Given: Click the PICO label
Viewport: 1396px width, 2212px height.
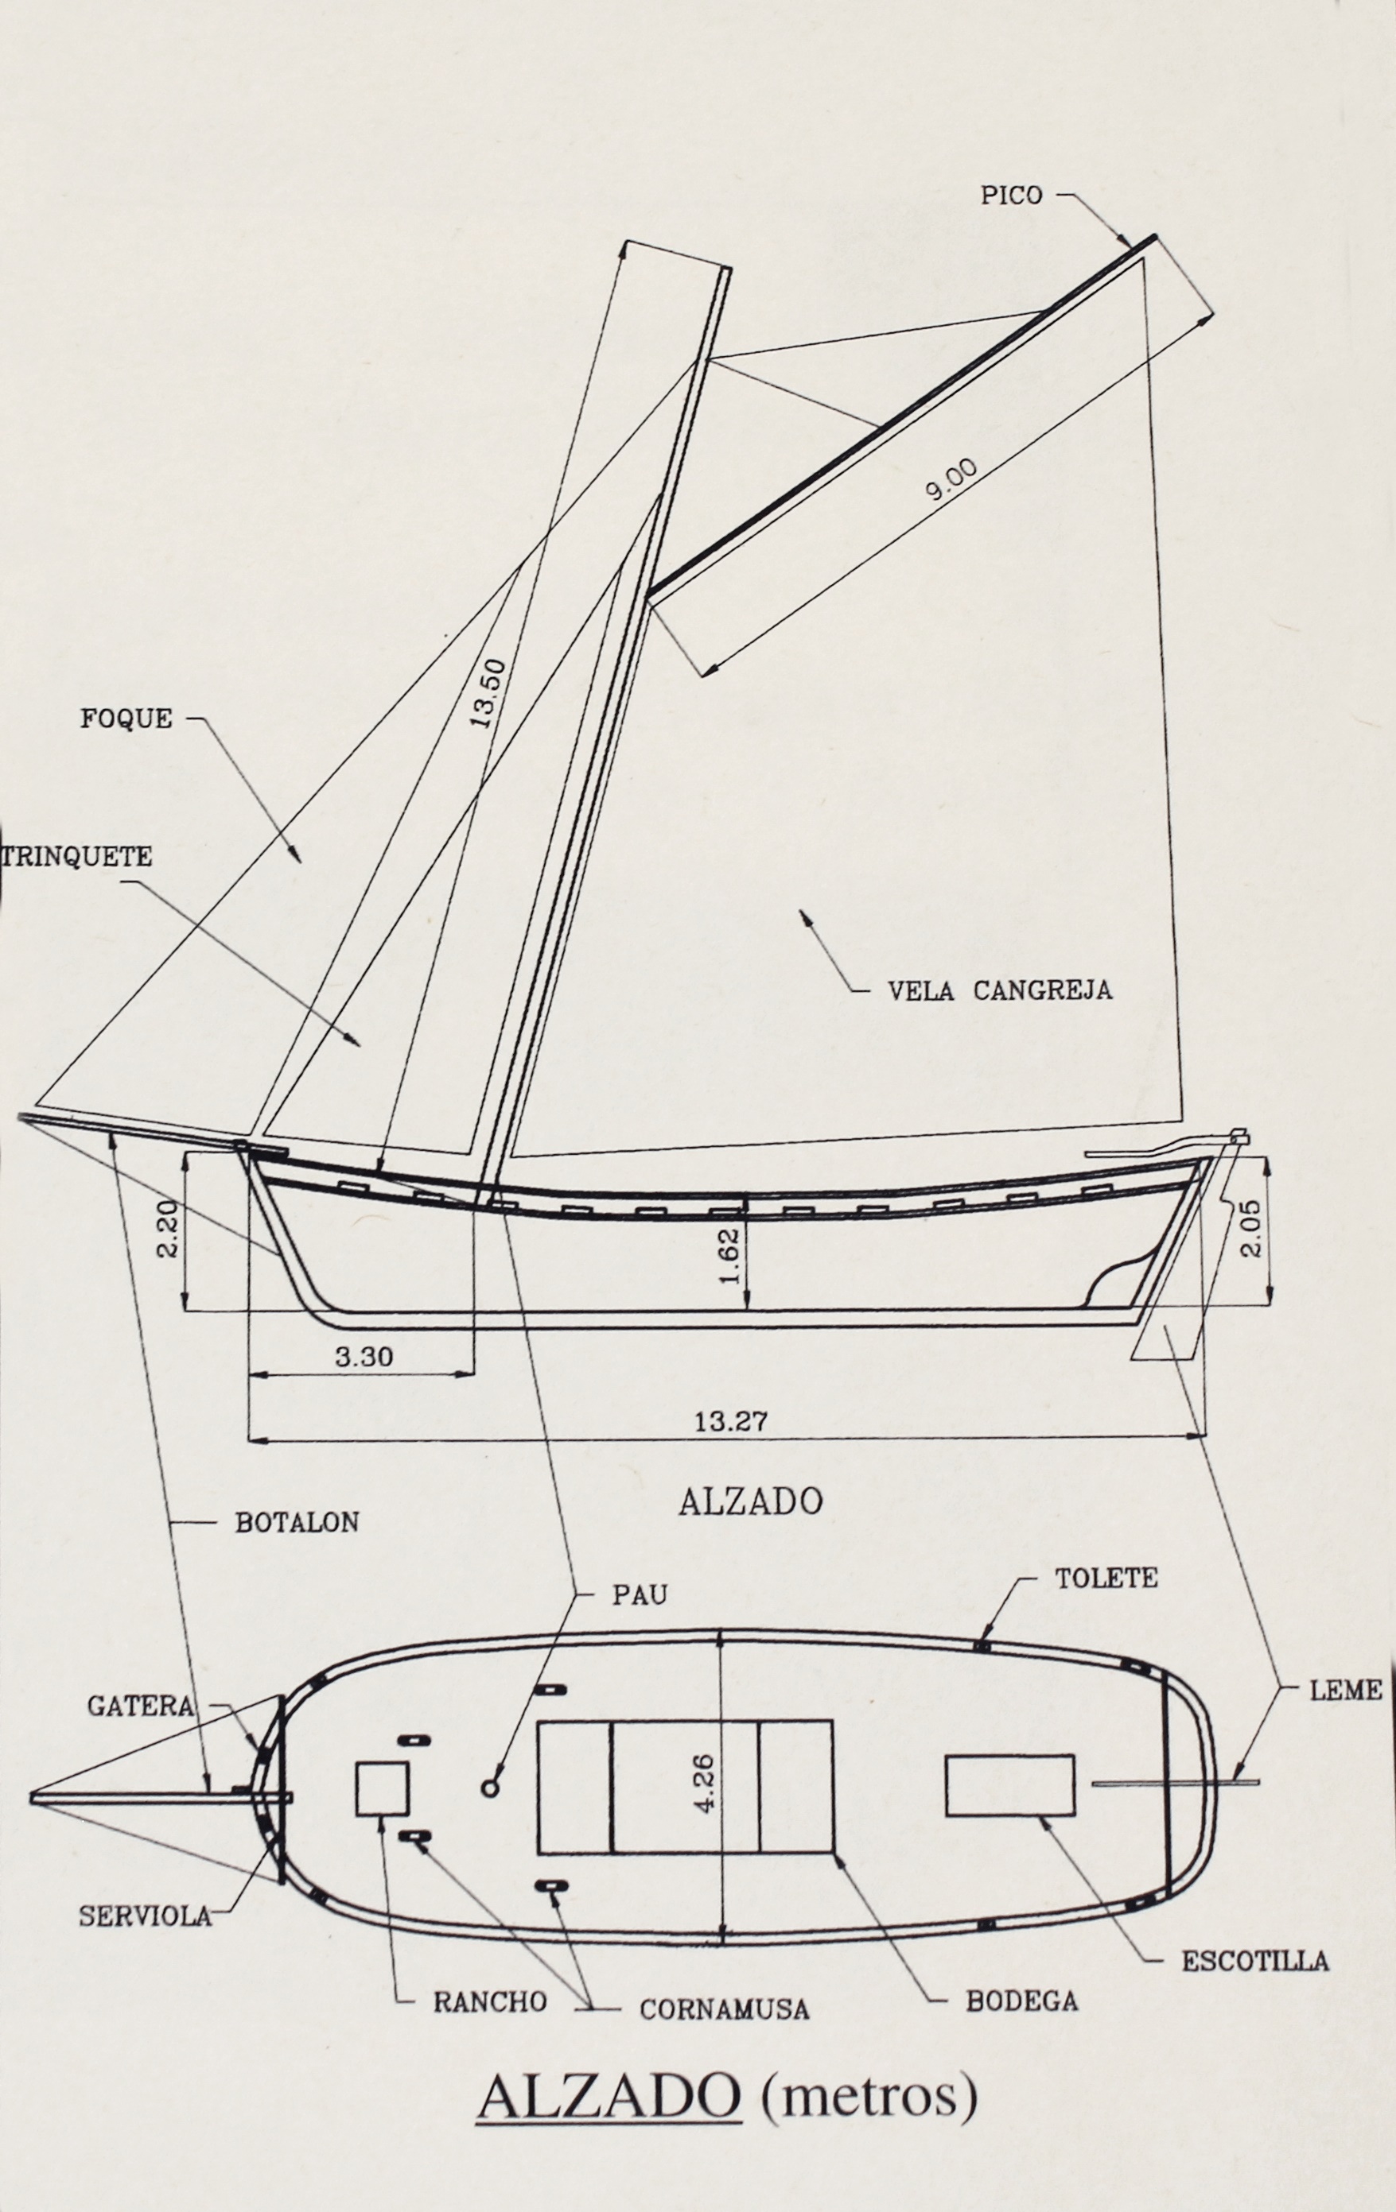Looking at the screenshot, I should click(x=1011, y=195).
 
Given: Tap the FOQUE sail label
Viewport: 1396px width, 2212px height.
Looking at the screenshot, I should click(x=126, y=719).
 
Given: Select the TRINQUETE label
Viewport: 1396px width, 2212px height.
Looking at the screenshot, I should click(x=77, y=857).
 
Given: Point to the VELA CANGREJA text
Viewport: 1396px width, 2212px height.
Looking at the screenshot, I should click(x=999, y=990).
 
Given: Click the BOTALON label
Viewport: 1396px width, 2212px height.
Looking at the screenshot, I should click(x=297, y=1522).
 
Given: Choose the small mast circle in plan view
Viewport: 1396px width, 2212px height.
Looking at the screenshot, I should click(x=490, y=1788).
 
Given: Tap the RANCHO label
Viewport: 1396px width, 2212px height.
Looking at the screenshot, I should click(x=490, y=2001).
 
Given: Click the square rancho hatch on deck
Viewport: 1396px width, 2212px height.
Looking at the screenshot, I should click(x=381, y=1788).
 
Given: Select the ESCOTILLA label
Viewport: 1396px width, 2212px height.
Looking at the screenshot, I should click(x=1254, y=1961).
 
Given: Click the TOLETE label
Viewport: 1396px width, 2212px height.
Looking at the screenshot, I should click(x=1106, y=1579).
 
